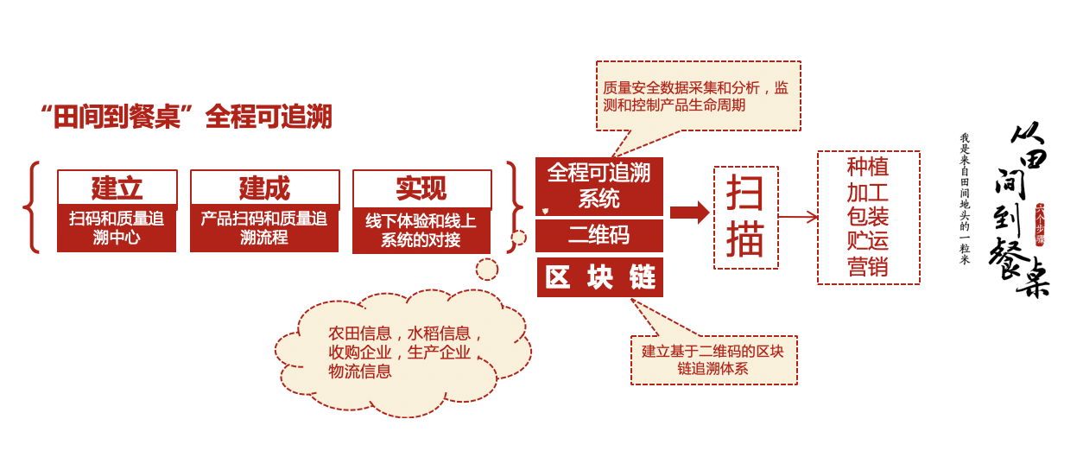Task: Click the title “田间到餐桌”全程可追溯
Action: click(x=186, y=117)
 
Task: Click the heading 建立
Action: click(x=117, y=187)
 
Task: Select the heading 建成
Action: click(x=264, y=187)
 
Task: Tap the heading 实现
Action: click(x=421, y=187)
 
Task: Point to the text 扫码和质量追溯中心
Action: click(x=117, y=228)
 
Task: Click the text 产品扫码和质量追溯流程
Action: click(x=264, y=228)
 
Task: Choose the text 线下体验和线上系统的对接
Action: click(x=421, y=231)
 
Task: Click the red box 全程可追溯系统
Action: click(x=598, y=186)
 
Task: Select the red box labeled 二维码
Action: click(x=598, y=235)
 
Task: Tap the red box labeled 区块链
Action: click(x=600, y=277)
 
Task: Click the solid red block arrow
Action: click(x=688, y=213)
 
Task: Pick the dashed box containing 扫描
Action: click(x=745, y=217)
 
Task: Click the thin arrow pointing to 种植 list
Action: click(x=798, y=217)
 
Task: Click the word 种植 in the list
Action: click(x=868, y=167)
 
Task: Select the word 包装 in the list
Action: click(x=868, y=216)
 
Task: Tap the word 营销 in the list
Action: click(x=868, y=266)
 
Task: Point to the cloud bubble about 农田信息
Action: click(x=402, y=352)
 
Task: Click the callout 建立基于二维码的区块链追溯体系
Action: click(x=713, y=360)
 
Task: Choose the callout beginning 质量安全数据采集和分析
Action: click(x=698, y=96)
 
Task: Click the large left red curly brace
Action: click(x=32, y=207)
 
